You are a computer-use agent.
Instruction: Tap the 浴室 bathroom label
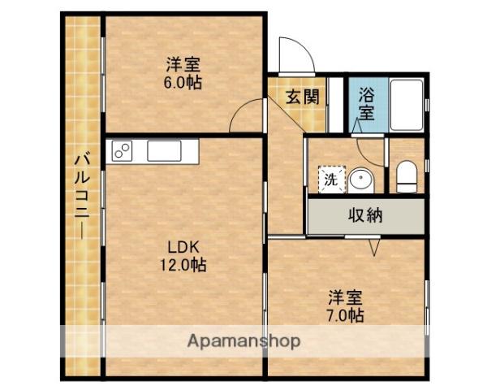pos(367,103)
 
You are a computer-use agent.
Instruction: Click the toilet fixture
pos(406,177)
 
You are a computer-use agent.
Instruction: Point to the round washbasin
pos(360,179)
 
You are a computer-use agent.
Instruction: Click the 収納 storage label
pos(366,216)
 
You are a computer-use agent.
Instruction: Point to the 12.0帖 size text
pos(183,264)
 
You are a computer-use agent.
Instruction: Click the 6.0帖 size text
pos(185,83)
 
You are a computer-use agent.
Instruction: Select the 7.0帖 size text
pos(346,314)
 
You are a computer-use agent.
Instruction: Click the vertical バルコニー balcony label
pos(83,195)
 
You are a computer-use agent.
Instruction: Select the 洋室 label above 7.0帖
pos(346,297)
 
